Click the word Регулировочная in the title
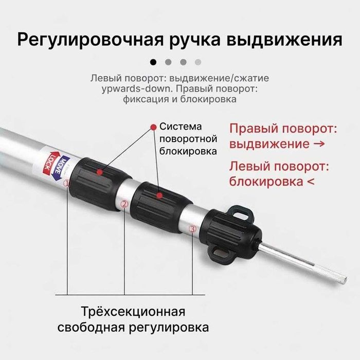82,39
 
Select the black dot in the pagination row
153,62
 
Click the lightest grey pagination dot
199,62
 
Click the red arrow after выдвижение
319,144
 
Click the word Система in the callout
179,127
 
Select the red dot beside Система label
153,127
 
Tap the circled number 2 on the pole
124,204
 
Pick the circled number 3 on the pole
193,229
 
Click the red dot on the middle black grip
160,195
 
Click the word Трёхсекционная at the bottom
133,312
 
